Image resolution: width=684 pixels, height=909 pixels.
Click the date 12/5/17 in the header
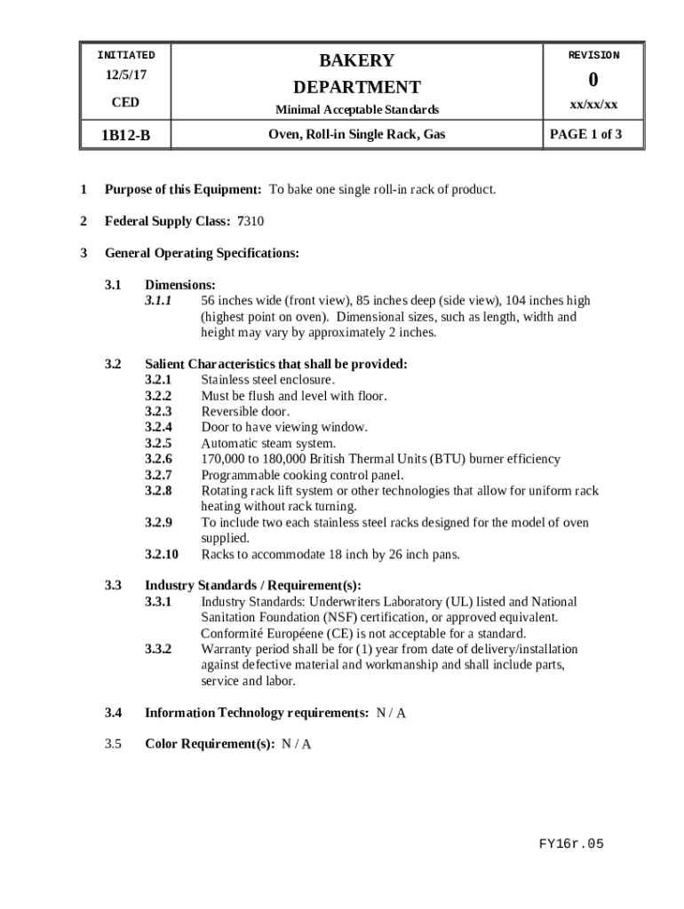(x=125, y=76)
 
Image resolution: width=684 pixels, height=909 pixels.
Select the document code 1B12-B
(x=125, y=136)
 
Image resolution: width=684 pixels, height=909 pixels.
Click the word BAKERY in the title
(x=356, y=60)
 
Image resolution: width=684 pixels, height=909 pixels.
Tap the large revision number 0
(x=594, y=80)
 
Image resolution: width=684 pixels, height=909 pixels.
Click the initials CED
(x=125, y=103)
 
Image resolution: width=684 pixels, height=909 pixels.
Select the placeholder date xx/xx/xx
(x=594, y=105)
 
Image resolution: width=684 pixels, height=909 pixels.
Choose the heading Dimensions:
(x=179, y=285)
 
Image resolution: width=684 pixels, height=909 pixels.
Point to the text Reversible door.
(x=245, y=412)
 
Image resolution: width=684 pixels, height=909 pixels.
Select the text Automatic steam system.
(x=268, y=444)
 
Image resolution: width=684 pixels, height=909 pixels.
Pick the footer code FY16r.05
(x=571, y=844)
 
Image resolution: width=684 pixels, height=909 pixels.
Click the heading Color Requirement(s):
(x=210, y=745)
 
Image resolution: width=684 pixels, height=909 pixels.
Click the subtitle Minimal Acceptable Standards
(x=356, y=110)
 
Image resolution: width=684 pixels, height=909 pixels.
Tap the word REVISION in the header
(x=594, y=55)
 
